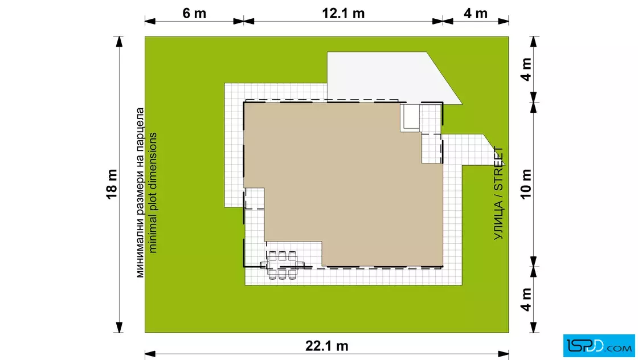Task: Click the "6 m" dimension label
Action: tap(194, 14)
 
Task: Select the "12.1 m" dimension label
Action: tap(343, 14)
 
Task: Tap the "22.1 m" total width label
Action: tap(327, 346)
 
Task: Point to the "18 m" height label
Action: tap(112, 184)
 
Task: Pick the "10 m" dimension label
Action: tap(526, 184)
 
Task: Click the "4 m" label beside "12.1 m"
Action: tap(476, 14)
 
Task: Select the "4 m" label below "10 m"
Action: tap(526, 300)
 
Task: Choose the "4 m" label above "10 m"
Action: tap(526, 69)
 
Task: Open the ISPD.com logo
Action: tap(599, 346)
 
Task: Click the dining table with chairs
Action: tap(282, 265)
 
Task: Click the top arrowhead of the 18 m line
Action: tap(119, 42)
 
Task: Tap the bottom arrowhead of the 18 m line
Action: tap(119, 328)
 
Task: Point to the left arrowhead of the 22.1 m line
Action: tap(150, 354)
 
